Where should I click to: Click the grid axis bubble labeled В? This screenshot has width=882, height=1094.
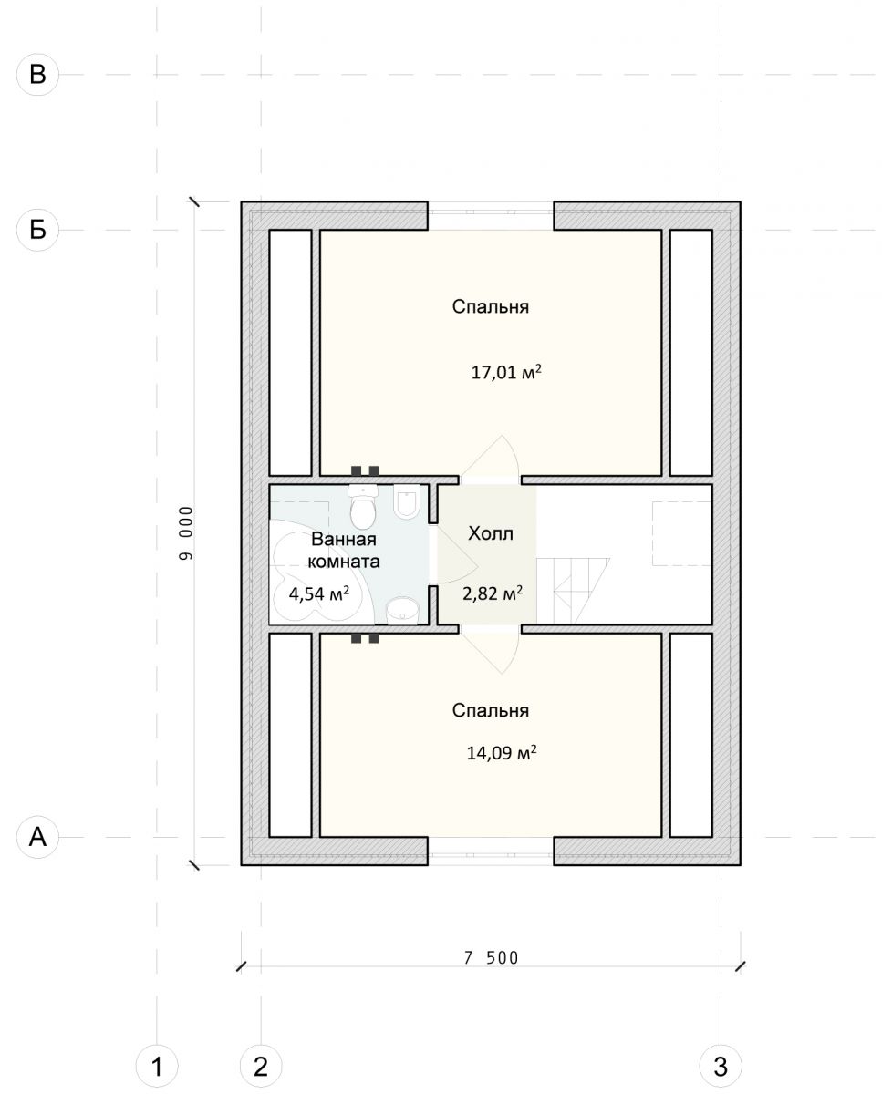pos(37,75)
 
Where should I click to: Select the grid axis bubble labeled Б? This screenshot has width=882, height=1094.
pos(37,230)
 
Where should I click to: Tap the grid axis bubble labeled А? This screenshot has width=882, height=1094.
pos(37,837)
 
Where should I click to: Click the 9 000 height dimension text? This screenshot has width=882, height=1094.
pos(187,533)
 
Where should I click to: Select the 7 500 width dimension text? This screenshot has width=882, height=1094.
pos(491,958)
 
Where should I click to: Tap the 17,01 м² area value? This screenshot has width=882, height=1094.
pos(506,372)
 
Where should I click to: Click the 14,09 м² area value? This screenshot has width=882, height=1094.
pos(502,752)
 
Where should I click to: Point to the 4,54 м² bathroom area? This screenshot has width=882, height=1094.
pos(319,593)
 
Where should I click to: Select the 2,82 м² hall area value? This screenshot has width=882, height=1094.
pos(493,593)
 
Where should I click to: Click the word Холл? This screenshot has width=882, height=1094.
pos(491,533)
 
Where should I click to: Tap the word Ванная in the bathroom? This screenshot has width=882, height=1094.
pos(344,539)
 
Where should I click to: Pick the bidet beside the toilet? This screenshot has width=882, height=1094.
pos(407,501)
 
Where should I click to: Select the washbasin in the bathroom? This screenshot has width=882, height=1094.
pos(402,611)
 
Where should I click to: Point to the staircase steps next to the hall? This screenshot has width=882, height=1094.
pos(573,591)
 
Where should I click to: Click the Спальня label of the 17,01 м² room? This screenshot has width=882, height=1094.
pos(491,306)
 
